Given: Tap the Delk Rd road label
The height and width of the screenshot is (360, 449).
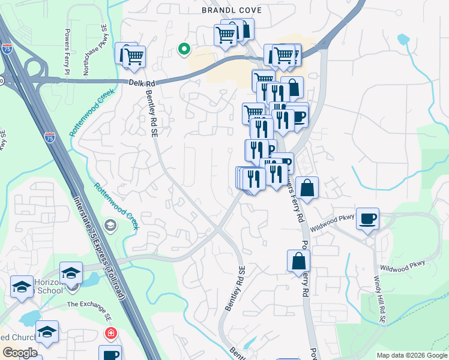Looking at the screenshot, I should [x=137, y=83].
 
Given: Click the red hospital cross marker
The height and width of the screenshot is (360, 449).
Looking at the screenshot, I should [x=110, y=333].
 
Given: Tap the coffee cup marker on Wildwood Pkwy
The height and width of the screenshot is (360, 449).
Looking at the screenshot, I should [x=367, y=218].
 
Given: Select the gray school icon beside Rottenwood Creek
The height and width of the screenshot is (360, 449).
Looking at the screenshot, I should [x=110, y=226].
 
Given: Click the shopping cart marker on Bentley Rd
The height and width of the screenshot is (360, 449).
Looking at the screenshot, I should [x=134, y=56].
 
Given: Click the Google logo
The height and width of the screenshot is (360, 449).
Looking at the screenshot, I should [x=20, y=352].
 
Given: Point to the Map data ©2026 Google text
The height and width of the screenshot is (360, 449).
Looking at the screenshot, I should [x=412, y=355].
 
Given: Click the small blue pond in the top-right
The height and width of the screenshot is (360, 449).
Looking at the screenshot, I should [x=403, y=40].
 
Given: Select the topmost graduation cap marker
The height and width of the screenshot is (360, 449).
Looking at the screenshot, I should [x=71, y=272].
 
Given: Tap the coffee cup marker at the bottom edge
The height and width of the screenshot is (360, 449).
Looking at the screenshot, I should [x=110, y=354].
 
